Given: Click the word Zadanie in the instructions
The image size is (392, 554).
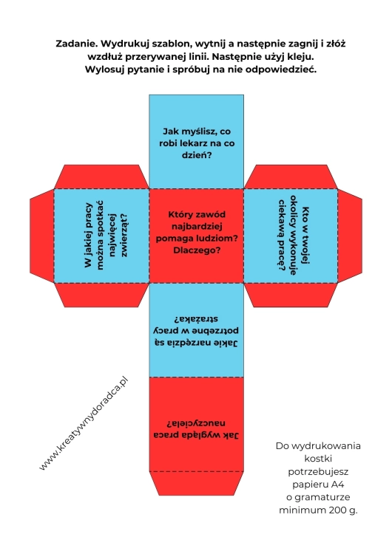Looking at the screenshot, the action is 76,44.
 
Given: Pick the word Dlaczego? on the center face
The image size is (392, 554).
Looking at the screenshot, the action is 197,250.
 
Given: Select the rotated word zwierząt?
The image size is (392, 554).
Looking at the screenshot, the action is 124,235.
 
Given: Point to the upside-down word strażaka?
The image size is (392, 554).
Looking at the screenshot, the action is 196,319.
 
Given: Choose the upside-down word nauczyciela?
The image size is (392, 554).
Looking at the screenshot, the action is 196,423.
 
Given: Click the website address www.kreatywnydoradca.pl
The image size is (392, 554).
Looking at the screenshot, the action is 84,424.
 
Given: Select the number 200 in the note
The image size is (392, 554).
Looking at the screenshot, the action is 337,510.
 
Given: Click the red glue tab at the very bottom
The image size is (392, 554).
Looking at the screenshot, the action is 196,483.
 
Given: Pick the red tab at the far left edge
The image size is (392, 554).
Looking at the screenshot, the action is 41,236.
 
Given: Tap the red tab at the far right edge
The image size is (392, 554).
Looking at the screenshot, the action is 350,236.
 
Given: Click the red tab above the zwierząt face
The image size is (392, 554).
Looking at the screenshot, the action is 101,177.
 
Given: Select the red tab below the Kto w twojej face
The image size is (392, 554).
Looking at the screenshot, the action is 291,295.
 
